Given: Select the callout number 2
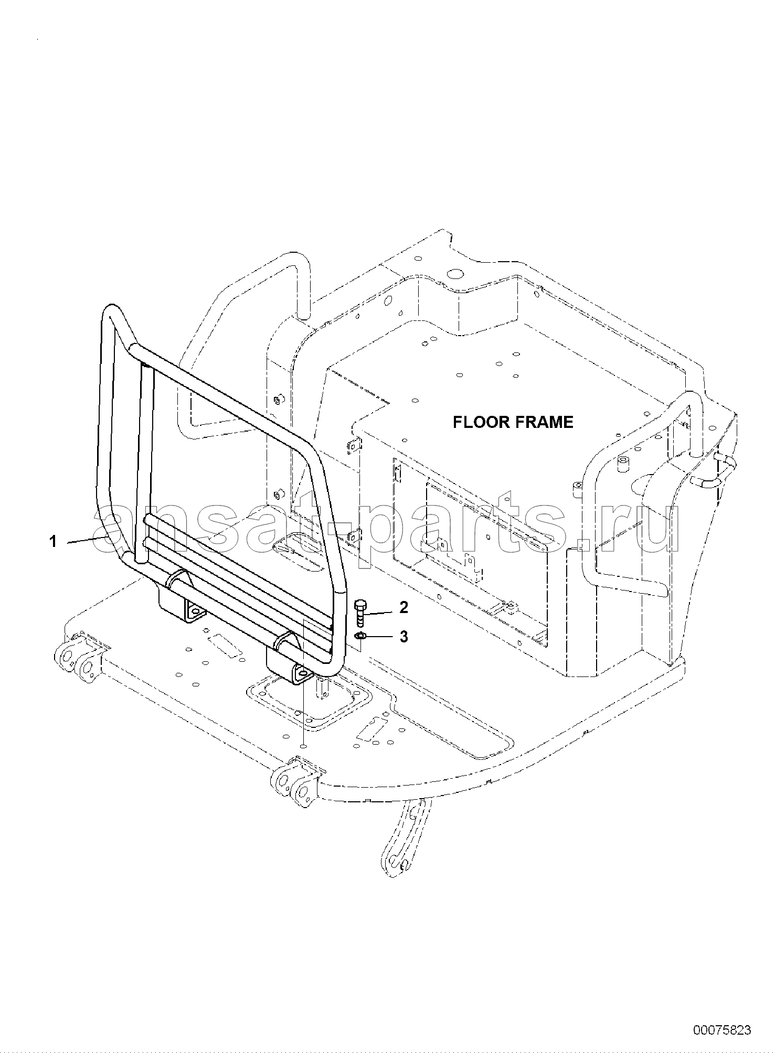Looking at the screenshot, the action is pyautogui.click(x=404, y=607).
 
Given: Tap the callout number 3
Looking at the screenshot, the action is pyautogui.click(x=404, y=637).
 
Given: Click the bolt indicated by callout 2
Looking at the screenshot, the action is pyautogui.click(x=360, y=612).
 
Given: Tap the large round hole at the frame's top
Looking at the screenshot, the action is pyautogui.click(x=455, y=274).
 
